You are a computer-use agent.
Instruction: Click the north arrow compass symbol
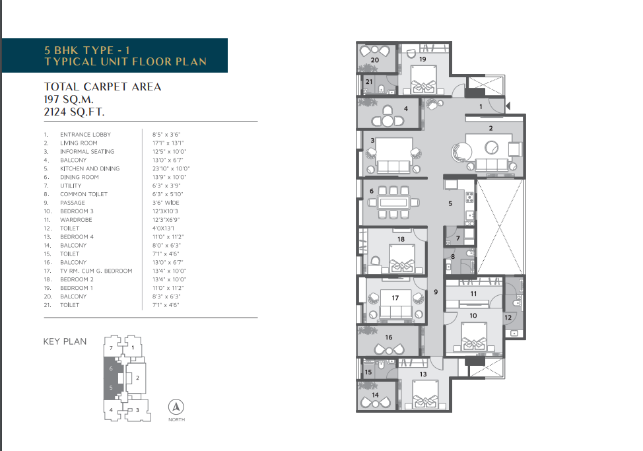(176, 407)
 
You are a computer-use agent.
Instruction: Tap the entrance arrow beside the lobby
(508, 106)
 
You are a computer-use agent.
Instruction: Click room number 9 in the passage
(436, 292)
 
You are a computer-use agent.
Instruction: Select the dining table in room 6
(393, 202)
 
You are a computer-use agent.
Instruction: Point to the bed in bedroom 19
(423, 80)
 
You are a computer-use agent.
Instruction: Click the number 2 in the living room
(491, 128)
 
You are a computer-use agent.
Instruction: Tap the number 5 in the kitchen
(450, 203)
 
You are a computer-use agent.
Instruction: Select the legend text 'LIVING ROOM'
(79, 143)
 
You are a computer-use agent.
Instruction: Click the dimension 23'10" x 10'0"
(171, 168)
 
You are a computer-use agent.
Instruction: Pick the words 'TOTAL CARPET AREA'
(102, 87)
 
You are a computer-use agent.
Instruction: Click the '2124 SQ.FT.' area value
(74, 112)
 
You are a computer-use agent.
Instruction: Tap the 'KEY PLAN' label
(65, 341)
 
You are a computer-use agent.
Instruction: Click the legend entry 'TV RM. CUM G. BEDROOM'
(96, 271)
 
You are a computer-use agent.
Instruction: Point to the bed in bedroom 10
(474, 337)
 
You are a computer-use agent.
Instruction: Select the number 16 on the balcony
(389, 337)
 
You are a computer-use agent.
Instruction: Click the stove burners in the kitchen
(469, 197)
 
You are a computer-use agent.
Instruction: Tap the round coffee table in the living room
(491, 147)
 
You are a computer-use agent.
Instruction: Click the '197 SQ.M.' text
(69, 99)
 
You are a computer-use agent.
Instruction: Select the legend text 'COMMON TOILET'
(84, 194)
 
